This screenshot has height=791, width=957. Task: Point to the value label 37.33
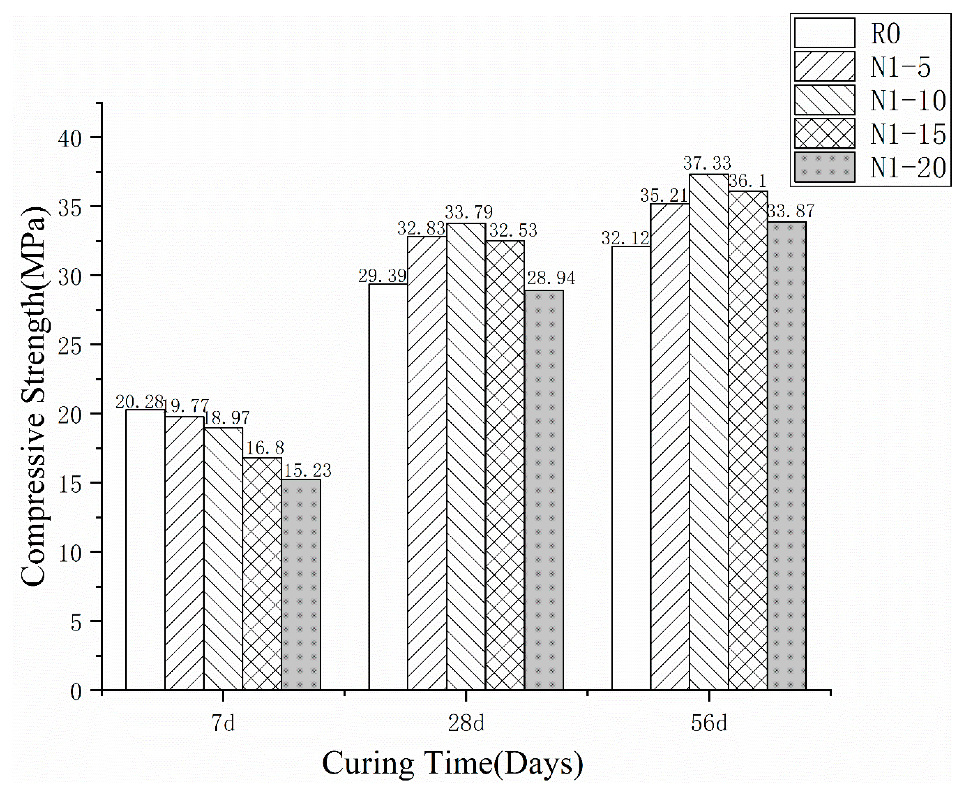[x=707, y=163]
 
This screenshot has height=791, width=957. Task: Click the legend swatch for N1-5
[x=824, y=66]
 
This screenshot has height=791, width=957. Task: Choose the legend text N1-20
[x=908, y=168]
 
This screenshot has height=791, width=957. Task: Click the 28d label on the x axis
[x=466, y=724]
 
